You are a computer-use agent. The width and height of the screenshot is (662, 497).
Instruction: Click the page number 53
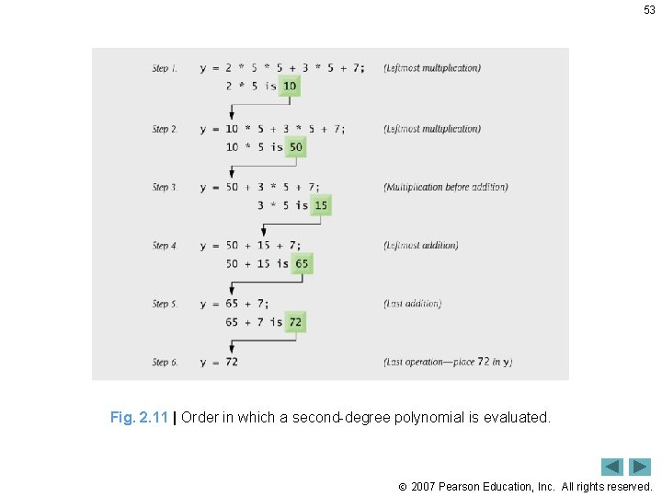pos(649,10)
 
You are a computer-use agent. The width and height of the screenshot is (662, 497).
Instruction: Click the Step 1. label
pos(165,68)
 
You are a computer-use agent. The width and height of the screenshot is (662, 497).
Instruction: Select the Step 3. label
pos(165,187)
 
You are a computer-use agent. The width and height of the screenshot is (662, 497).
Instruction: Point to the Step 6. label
pos(165,362)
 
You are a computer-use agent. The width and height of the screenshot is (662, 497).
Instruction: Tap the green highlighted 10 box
pos(290,86)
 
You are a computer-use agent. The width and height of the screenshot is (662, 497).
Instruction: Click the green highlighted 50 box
pos(295,147)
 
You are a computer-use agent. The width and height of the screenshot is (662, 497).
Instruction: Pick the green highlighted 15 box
pos(320,205)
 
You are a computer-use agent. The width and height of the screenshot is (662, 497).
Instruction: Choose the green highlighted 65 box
pos(302,263)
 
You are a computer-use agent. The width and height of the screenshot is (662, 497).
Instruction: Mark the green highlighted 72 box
pos(295,322)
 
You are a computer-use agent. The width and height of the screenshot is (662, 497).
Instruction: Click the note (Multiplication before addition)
pos(446,187)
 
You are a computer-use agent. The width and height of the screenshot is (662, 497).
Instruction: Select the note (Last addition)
pos(413,304)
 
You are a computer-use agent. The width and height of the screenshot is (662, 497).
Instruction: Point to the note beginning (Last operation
pos(448,362)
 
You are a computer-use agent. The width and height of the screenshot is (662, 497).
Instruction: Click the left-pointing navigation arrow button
pos(612,467)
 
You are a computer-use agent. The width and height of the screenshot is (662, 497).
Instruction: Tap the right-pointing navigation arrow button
pos(640,467)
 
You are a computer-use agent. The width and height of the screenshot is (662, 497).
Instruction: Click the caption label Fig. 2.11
pos(139,417)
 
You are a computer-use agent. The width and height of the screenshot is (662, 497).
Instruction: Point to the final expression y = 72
pos(219,362)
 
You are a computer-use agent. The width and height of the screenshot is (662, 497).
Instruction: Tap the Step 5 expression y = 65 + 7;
pos(235,304)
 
